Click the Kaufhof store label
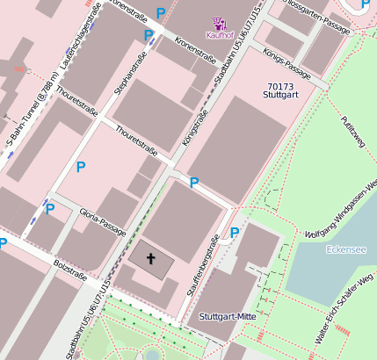click(219, 35)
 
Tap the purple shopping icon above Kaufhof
click(220, 23)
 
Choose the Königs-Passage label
click(286, 61)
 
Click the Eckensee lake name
click(345, 249)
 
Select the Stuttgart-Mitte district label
click(227, 316)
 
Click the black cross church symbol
click(150, 259)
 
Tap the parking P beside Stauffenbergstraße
click(235, 233)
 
